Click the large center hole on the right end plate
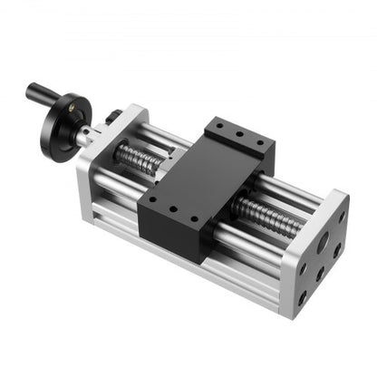click(x=322, y=242)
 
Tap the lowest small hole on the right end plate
click(x=302, y=296)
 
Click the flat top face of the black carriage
click(x=204, y=177)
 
